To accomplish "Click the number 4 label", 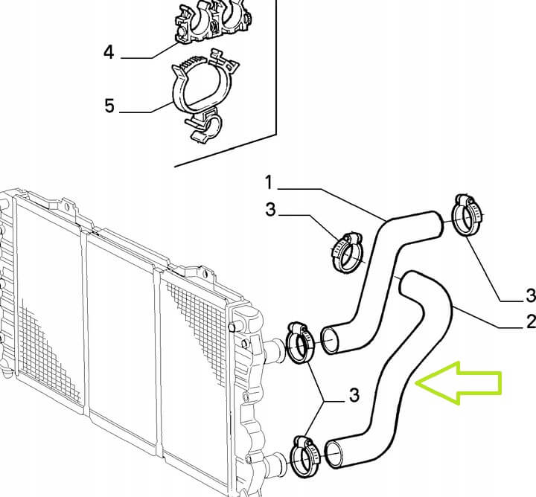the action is [109, 53].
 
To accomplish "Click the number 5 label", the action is [109, 106].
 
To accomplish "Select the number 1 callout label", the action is [269, 182].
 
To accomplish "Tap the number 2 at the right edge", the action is [531, 321].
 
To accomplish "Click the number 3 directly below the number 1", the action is [270, 209].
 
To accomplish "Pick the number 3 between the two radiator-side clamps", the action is [354, 395].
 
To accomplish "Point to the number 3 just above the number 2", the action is [532, 295].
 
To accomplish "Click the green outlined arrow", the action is [458, 382].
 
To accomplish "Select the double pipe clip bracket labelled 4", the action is [214, 22].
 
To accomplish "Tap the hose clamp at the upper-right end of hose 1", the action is [467, 216].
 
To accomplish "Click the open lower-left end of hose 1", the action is [330, 340].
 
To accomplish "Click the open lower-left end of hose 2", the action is [334, 455].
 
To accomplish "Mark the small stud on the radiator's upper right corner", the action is [232, 326].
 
